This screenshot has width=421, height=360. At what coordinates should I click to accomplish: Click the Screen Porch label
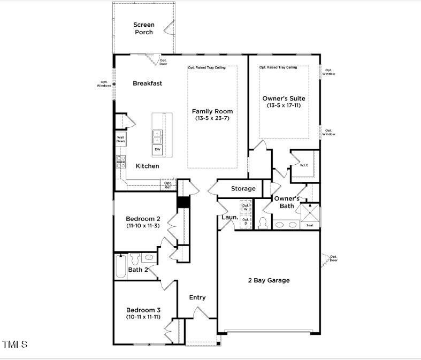143,28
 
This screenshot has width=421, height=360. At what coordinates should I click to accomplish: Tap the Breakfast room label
147,83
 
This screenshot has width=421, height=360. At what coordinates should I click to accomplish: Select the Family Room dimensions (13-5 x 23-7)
212,118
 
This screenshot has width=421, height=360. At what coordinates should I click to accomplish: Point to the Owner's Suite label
284,98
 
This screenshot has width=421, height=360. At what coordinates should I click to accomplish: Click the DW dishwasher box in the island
157,150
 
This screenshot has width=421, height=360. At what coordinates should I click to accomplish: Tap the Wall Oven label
121,139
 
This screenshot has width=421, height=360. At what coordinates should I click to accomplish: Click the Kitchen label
147,166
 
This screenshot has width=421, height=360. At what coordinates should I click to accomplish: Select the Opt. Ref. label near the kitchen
168,185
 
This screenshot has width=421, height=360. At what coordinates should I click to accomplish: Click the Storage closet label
243,189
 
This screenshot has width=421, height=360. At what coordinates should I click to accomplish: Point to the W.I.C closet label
304,165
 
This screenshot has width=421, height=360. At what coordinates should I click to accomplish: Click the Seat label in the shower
310,225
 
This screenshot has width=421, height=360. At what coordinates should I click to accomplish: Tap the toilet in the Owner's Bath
263,223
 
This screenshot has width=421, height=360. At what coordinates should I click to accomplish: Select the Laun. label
229,218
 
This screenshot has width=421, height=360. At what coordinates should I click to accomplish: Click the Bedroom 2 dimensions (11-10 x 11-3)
143,226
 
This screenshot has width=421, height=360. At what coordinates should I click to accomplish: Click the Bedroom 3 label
143,310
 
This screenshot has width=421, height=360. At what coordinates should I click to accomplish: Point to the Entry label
197,297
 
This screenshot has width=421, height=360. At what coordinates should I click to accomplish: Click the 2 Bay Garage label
269,280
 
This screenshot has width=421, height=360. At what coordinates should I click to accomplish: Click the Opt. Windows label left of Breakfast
104,84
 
